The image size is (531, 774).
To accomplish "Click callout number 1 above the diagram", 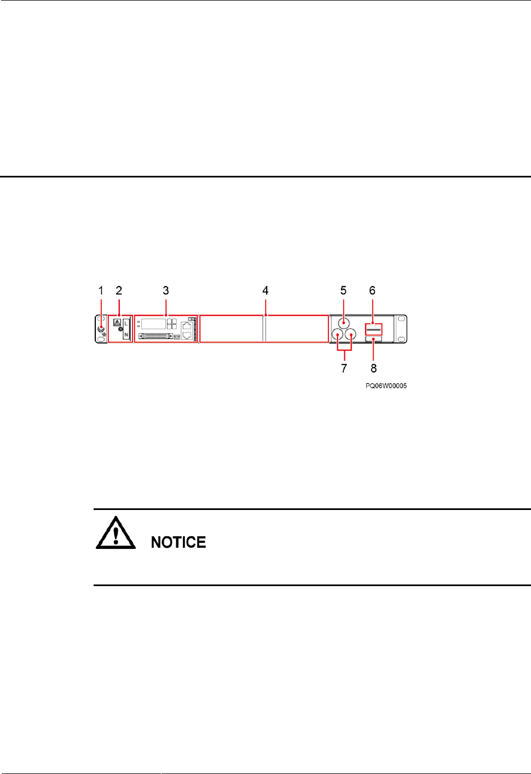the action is click(101, 290).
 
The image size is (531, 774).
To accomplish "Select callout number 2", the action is click(119, 290).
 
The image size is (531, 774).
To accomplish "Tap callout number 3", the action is click(166, 290).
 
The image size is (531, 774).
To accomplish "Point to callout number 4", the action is click(265, 290).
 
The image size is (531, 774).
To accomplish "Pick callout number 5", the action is click(343, 290).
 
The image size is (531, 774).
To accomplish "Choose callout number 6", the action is click(372, 290).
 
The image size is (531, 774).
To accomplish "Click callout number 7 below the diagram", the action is click(344, 368).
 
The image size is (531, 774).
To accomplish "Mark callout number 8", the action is click(374, 368).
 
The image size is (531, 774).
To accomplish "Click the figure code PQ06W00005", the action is click(386, 386).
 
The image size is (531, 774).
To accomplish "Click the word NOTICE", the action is click(178, 542).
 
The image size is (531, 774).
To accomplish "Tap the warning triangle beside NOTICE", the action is click(116, 532).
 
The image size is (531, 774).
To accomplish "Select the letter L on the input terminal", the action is click(126, 324).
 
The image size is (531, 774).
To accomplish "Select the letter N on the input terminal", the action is click(126, 335).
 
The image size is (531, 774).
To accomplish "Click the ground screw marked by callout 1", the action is click(101, 329).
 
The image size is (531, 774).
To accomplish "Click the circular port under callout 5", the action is click(343, 322).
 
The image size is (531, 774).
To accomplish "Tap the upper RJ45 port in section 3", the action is click(187, 326).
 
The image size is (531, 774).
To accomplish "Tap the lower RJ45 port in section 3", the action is click(187, 335).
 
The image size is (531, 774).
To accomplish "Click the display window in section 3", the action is click(153, 323).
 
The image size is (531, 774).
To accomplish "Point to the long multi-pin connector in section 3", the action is click(156, 336).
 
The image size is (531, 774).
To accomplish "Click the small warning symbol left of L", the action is click(117, 323).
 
